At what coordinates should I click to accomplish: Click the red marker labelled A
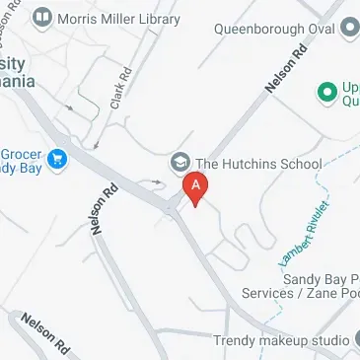[196, 186]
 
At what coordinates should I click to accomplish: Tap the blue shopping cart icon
[57, 157]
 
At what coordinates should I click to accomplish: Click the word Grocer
[20, 154]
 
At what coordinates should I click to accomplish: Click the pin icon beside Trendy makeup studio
[354, 340]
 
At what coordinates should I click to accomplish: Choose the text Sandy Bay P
[317, 280]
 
